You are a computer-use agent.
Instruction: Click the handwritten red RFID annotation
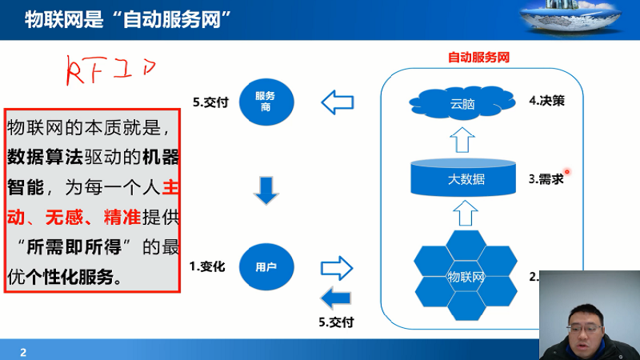point(110,70)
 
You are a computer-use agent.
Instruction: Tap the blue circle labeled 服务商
point(266,102)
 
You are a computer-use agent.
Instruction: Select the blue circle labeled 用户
point(266,267)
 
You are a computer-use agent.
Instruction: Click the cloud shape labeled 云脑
point(462,102)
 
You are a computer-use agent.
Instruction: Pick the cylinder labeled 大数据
point(463,178)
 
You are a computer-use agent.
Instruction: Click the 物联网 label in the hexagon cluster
point(466,277)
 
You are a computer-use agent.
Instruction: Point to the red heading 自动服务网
point(478,57)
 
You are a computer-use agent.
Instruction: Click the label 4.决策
point(546,101)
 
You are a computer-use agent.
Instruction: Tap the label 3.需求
point(546,178)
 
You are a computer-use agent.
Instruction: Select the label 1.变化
point(207,266)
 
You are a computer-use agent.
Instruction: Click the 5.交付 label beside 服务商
point(210,102)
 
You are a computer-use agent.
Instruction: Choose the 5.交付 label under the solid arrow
point(336,322)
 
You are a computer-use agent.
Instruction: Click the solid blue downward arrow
point(266,190)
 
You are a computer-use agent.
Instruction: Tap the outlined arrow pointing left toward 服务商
point(337,102)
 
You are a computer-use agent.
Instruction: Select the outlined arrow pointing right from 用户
point(337,268)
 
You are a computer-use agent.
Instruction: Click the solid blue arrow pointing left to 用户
point(335,298)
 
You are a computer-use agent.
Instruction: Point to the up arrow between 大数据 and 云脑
point(462,140)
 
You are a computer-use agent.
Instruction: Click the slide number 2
point(23,352)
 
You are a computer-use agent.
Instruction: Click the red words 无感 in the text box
point(64,217)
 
